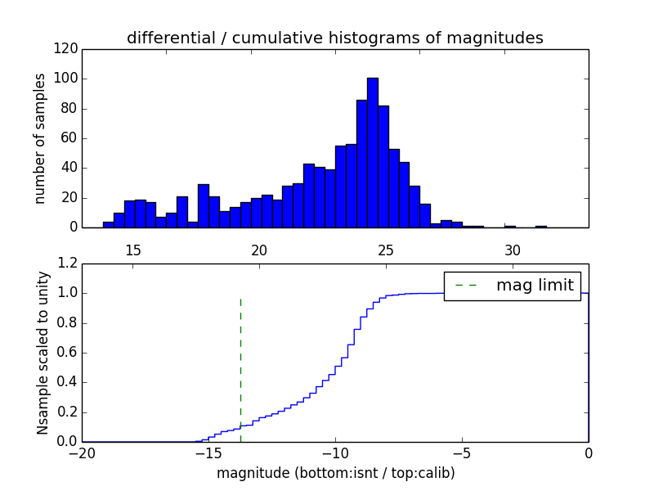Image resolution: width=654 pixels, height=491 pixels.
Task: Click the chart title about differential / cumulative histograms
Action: click(334, 38)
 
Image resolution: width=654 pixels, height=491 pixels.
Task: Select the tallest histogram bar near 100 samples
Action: click(372, 152)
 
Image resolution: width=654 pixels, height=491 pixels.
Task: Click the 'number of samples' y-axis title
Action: click(40, 138)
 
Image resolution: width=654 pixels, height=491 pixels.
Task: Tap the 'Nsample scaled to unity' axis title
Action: click(43, 353)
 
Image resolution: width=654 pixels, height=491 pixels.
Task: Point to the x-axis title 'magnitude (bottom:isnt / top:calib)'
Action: click(335, 473)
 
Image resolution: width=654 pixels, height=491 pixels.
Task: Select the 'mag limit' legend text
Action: click(535, 285)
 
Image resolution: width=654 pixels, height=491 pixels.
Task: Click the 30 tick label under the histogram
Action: click(513, 250)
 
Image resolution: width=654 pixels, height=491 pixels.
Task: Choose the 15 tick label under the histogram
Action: click(133, 250)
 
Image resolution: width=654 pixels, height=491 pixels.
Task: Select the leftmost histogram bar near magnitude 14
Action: click(108, 224)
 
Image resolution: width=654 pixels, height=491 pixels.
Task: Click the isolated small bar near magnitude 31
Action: click(540, 226)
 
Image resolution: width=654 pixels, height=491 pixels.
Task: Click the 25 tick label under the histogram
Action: click(386, 250)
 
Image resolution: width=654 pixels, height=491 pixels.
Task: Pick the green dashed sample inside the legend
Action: click(466, 286)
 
